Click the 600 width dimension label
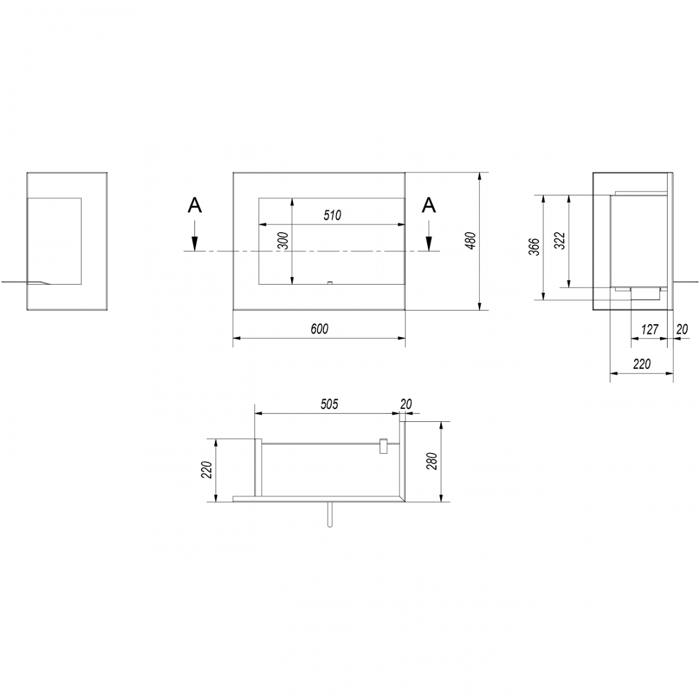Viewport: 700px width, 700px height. coord(319,329)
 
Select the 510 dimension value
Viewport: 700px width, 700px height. coord(332,215)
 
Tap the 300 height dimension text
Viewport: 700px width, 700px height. coord(283,241)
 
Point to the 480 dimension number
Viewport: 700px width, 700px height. coord(471,240)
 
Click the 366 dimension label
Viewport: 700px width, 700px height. coord(534,247)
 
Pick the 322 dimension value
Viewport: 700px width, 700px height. coord(560,241)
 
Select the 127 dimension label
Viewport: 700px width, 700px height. coord(649,329)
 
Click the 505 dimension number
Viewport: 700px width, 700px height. coord(329,404)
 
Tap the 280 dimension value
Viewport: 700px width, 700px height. coord(432,461)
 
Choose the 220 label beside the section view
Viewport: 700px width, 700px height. coord(206,470)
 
